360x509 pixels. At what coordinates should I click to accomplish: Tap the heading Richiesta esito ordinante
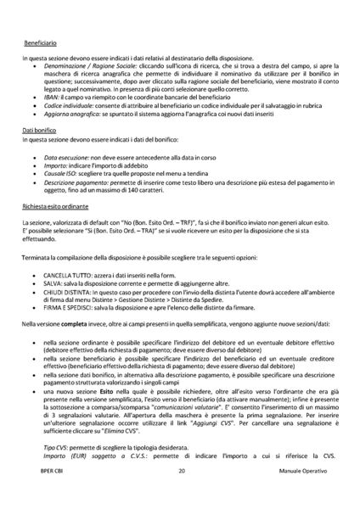click(56, 205)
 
